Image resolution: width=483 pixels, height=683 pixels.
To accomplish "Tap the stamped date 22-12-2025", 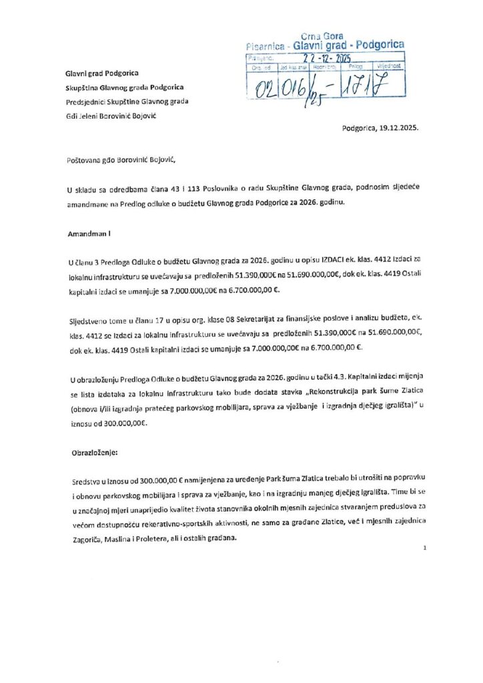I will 321,59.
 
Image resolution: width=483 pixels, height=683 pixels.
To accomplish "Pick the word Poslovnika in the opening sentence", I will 231,190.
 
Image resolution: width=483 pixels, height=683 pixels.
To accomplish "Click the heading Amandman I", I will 89,235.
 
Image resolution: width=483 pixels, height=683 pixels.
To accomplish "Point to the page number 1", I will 424,548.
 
